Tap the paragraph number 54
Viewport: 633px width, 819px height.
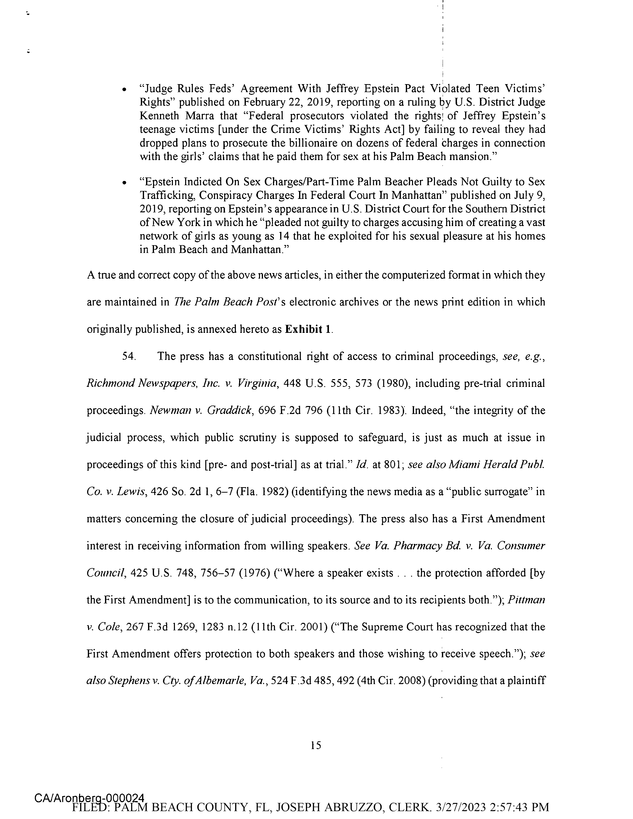coord(129,356)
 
